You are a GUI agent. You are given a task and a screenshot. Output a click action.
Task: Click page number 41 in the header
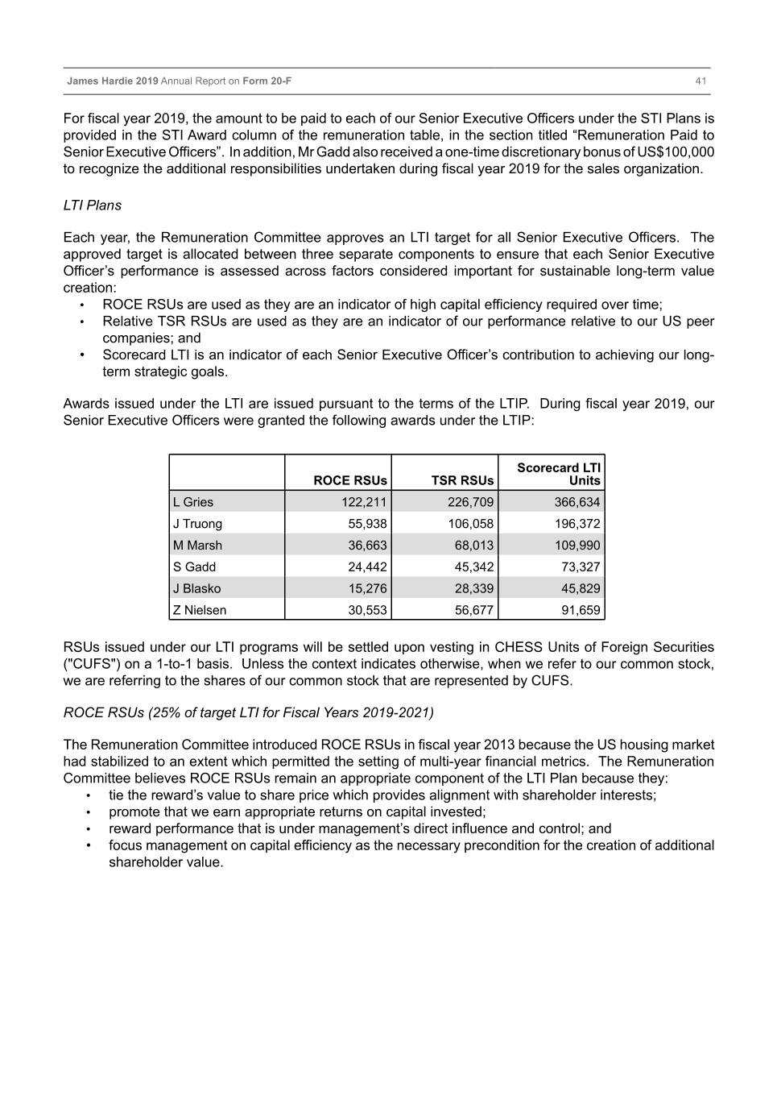[x=701, y=81]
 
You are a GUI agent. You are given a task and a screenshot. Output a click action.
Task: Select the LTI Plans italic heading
[x=92, y=205]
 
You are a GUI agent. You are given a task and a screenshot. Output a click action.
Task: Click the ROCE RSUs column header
[x=350, y=480]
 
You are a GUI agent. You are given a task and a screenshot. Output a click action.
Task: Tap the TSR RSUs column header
[x=462, y=480]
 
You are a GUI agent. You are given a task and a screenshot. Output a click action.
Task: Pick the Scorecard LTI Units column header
[x=559, y=474]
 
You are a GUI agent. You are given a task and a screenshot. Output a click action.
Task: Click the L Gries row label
[x=193, y=502]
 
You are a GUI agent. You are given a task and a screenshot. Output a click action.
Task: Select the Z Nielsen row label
[x=200, y=610]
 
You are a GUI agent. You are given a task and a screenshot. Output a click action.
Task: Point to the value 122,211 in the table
[x=364, y=502]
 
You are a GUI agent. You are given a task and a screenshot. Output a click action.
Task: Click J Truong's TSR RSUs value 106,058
[x=471, y=524]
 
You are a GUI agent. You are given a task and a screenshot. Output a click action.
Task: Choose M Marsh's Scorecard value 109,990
[x=577, y=546]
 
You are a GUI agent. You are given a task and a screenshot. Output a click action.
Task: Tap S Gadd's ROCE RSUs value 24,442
[x=367, y=567]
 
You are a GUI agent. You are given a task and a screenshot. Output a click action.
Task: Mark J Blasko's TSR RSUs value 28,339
[x=473, y=588]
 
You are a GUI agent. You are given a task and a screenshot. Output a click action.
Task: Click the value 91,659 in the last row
[x=581, y=610]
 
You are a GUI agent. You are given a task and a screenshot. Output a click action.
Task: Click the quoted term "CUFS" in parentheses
[x=86, y=664]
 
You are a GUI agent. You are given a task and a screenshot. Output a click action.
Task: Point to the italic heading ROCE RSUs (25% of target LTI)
[x=248, y=712]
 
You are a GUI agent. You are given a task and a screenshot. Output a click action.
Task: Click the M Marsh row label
[x=197, y=546]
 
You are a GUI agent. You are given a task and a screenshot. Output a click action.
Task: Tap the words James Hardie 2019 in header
[x=113, y=81]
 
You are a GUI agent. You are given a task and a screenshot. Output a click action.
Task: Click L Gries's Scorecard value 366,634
[x=577, y=502]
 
